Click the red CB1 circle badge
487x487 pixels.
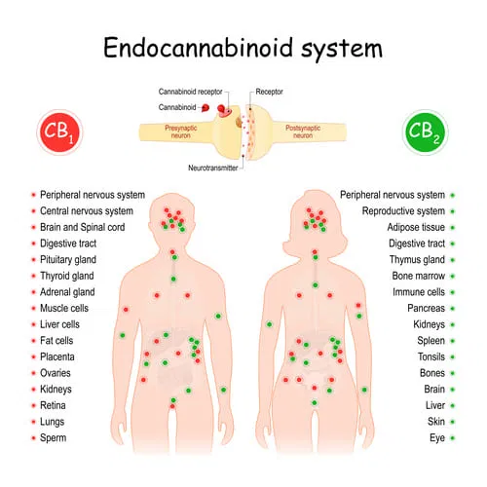pos(59,132)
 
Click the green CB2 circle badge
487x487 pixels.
pos(426,132)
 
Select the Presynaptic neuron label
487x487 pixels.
pos(181,131)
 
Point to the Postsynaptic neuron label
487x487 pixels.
pos(303,131)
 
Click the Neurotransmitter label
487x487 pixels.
pos(213,168)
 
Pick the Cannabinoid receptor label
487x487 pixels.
pos(190,92)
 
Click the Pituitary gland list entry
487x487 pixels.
pos(68,260)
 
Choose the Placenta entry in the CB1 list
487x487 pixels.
pos(57,356)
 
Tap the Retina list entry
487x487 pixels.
pos(53,405)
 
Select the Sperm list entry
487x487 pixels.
pos(54,438)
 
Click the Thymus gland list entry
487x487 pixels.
pos(417,260)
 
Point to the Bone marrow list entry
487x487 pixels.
pos(419,276)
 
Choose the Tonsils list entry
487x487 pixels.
pos(431,356)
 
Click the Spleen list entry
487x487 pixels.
pos(431,341)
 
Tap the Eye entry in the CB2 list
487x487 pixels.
pos(437,438)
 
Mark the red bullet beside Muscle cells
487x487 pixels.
pos(33,308)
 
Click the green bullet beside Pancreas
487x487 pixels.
pos(453,309)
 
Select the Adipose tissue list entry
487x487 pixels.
pos(416,227)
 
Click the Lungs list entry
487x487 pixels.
pos(53,422)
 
